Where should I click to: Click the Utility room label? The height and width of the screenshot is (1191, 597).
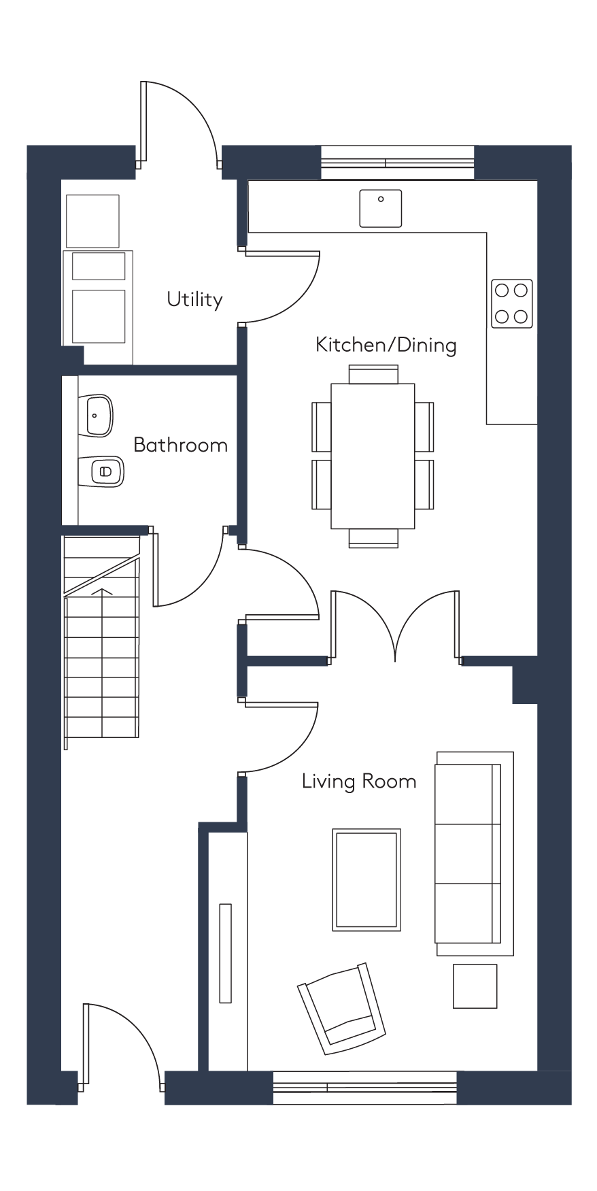(195, 299)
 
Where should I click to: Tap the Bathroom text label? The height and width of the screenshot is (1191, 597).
(180, 445)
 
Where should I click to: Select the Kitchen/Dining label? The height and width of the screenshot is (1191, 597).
(386, 345)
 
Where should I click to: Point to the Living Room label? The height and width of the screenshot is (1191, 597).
(359, 782)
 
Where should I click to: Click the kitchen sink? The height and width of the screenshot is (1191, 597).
(381, 208)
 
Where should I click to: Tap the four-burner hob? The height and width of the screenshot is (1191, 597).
(512, 303)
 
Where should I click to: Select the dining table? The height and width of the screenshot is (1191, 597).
(373, 456)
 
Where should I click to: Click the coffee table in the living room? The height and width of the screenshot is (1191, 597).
(366, 879)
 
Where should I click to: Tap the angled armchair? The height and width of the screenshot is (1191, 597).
(341, 1009)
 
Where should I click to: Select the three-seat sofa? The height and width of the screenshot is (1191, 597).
(475, 854)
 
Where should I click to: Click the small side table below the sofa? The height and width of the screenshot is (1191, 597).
(475, 986)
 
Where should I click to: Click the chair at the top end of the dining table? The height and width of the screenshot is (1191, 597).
(373, 375)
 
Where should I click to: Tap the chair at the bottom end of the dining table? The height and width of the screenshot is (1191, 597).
(373, 538)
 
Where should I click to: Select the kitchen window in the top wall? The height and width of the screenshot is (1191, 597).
(398, 163)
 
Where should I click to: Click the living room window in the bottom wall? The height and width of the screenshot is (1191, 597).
(364, 1088)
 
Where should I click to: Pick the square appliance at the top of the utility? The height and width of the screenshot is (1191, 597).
(93, 221)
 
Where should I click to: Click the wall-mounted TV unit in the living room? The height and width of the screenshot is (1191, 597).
(226, 952)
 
